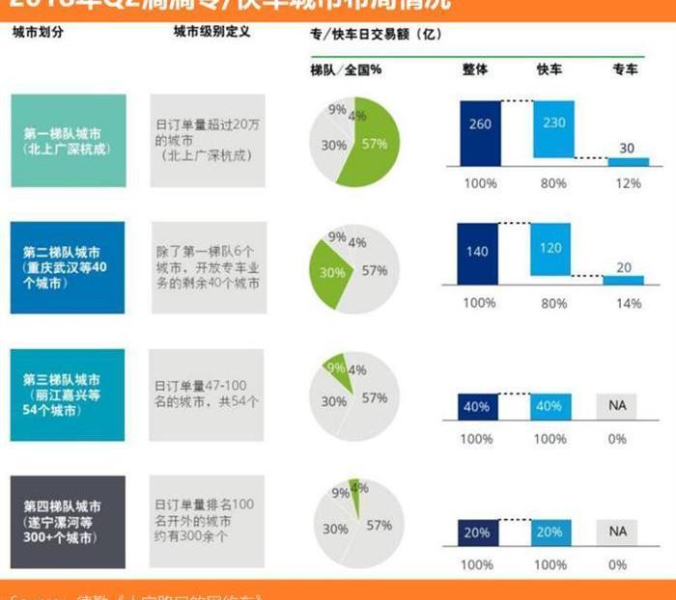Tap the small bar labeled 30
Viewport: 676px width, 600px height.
(x=628, y=161)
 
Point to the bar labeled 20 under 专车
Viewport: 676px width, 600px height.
(x=624, y=279)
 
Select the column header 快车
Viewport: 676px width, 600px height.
(x=549, y=68)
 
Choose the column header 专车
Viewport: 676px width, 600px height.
(x=626, y=68)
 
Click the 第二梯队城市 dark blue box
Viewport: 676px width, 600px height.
(x=68, y=267)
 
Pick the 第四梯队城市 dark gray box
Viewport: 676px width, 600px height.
(x=68, y=522)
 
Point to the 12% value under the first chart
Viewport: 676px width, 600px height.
(x=626, y=183)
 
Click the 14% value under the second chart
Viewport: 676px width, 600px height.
(x=626, y=303)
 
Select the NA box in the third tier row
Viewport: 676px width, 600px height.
(x=618, y=406)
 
